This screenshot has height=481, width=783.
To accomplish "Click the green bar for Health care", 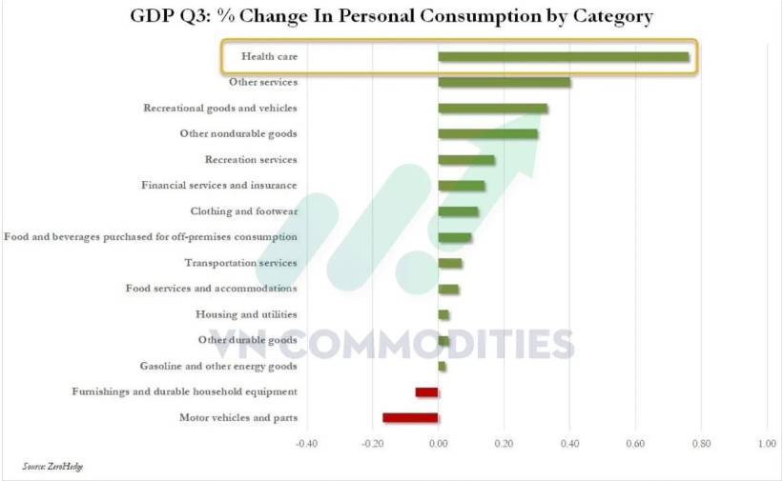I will click(x=563, y=57).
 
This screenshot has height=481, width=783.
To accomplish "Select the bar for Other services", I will click(x=505, y=83).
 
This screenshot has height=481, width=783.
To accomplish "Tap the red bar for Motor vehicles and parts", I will click(x=410, y=417).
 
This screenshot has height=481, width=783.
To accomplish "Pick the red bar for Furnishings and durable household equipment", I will click(x=426, y=391).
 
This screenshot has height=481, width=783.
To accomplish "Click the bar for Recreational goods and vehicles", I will click(x=492, y=109).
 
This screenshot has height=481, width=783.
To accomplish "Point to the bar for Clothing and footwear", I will click(x=458, y=211).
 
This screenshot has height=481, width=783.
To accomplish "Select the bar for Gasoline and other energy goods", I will click(x=442, y=366).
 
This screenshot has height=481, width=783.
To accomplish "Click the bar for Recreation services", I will click(x=466, y=160).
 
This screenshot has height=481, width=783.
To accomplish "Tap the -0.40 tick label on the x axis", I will click(x=306, y=443).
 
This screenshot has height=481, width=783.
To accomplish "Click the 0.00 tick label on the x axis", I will click(x=438, y=443).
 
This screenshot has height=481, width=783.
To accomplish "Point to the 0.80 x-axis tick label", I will click(x=701, y=443).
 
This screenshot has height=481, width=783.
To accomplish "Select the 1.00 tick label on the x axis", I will click(x=767, y=443).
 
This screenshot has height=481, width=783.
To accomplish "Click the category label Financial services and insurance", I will click(x=218, y=185).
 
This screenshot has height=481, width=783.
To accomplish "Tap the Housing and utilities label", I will click(x=246, y=314).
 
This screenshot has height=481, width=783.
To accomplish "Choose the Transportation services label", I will click(x=240, y=263).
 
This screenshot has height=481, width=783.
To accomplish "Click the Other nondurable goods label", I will click(x=238, y=133).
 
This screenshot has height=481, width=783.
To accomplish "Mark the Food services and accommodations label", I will click(x=211, y=289).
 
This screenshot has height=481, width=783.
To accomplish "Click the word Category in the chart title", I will click(x=607, y=17).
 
